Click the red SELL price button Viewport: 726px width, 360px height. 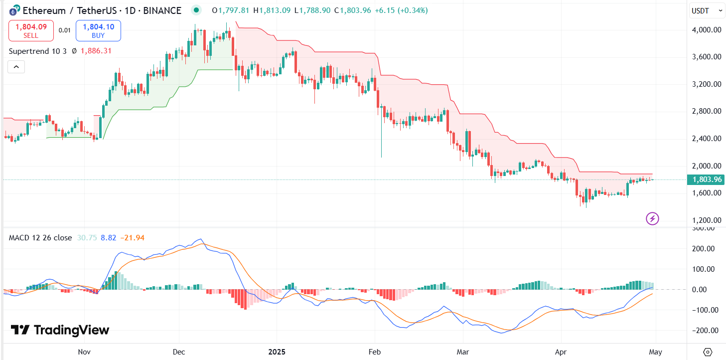coord(31,30)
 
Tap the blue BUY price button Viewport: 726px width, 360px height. coord(98,30)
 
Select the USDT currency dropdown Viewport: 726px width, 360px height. coord(707,10)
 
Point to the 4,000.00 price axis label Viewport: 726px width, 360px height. coord(707,30)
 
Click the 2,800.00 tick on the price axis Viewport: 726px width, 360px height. coord(707,111)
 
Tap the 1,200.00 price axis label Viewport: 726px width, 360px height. coord(707,220)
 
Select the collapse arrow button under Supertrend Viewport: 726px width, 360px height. coord(16,66)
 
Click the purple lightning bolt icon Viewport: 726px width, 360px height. coord(652,218)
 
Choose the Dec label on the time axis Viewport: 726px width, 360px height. coord(179,352)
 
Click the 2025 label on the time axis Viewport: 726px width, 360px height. coord(277,352)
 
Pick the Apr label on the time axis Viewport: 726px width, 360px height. coord(561,352)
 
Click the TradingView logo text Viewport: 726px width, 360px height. coord(60,330)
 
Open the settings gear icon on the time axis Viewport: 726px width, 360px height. coord(708,352)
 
